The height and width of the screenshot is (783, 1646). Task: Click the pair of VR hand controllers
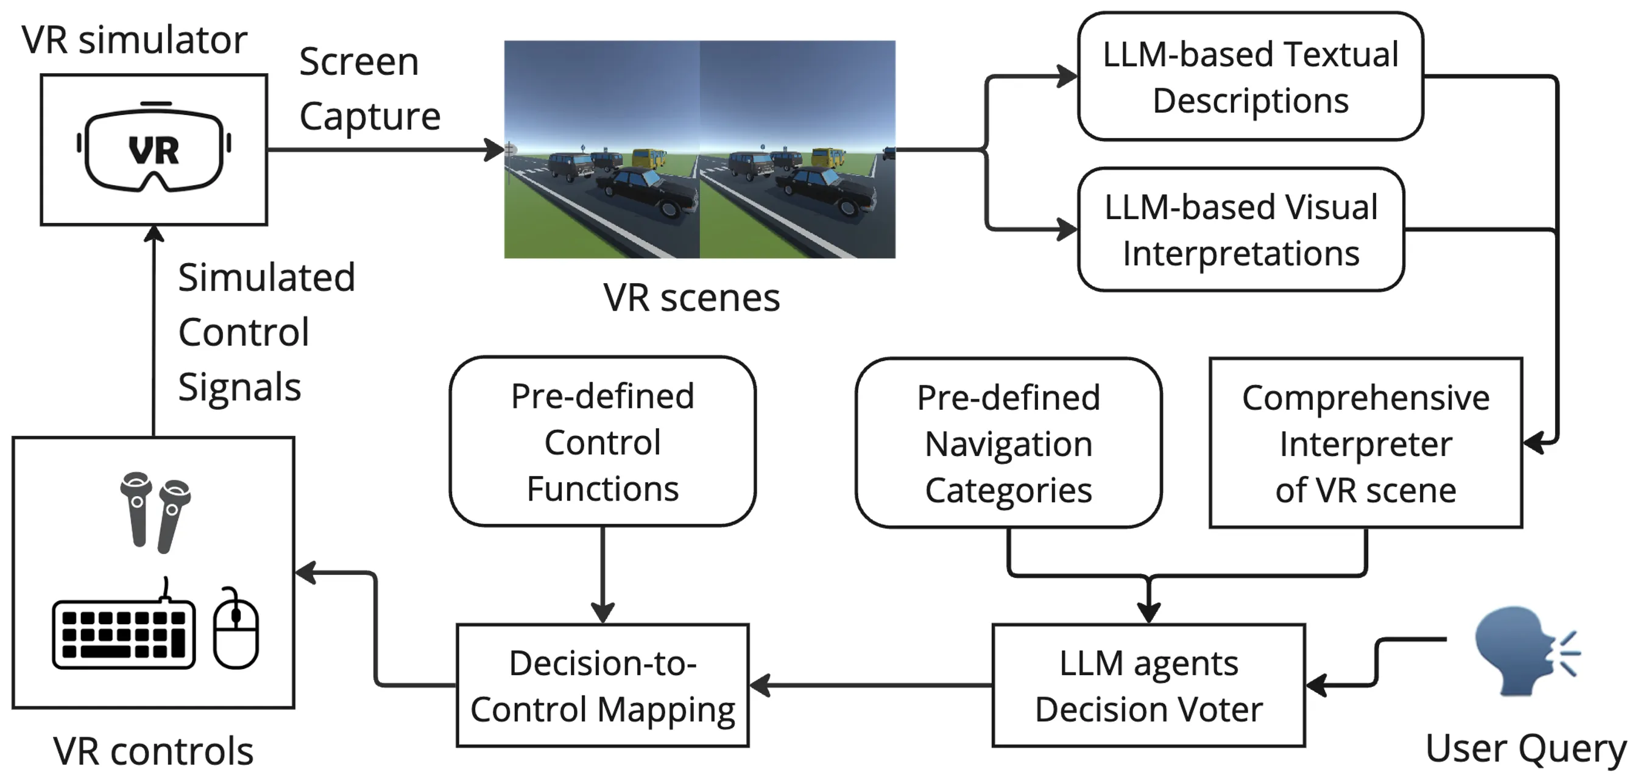click(155, 511)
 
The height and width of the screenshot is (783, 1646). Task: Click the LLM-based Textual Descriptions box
click(1250, 77)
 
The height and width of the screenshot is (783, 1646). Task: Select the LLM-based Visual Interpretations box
click(1241, 230)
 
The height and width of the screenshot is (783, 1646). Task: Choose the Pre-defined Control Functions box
click(602, 442)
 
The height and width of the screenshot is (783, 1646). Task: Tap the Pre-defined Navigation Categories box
click(1008, 443)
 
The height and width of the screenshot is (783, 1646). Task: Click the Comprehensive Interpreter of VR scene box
click(1366, 443)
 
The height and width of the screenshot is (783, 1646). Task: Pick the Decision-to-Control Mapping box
click(602, 686)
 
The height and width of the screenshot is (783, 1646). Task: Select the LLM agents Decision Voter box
click(1148, 686)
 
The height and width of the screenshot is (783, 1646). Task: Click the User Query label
click(1525, 748)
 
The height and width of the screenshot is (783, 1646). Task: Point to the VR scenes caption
click(691, 298)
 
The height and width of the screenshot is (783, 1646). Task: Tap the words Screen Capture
click(369, 89)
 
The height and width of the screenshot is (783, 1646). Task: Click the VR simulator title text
click(134, 40)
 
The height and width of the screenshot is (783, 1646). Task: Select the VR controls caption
click(154, 751)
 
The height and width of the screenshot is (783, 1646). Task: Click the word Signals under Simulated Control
click(239, 387)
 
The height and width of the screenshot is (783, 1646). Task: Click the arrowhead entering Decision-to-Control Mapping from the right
click(759, 686)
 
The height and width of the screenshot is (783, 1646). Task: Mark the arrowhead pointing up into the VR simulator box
click(154, 234)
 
